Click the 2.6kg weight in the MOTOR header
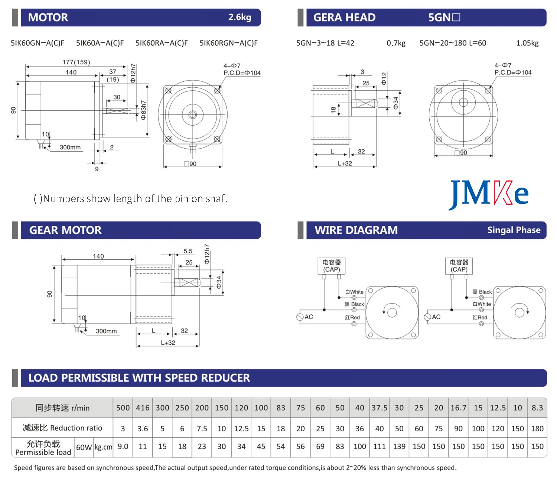pyautogui.click(x=240, y=17)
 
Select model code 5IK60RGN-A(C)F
pyautogui.click(x=228, y=43)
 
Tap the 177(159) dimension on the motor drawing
pyautogui.click(x=76, y=62)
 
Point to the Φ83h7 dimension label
pyautogui.click(x=143, y=110)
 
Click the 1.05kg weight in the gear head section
pyautogui.click(x=527, y=43)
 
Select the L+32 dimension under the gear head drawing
pyautogui.click(x=345, y=163)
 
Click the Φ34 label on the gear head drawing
pyautogui.click(x=396, y=103)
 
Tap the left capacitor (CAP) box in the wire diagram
pyautogui.click(x=331, y=266)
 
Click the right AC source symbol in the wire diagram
pyautogui.click(x=427, y=317)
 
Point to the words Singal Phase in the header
pyautogui.click(x=514, y=230)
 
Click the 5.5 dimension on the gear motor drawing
pyautogui.click(x=188, y=251)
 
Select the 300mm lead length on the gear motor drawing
pyautogui.click(x=106, y=331)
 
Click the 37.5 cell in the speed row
pyautogui.click(x=379, y=408)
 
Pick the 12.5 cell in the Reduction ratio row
pyautogui.click(x=241, y=428)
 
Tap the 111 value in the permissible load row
pyautogui.click(x=379, y=447)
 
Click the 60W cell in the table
pyautogui.click(x=84, y=447)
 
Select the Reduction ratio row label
pyautogui.click(x=62, y=428)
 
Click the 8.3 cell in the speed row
pyautogui.click(x=537, y=408)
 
